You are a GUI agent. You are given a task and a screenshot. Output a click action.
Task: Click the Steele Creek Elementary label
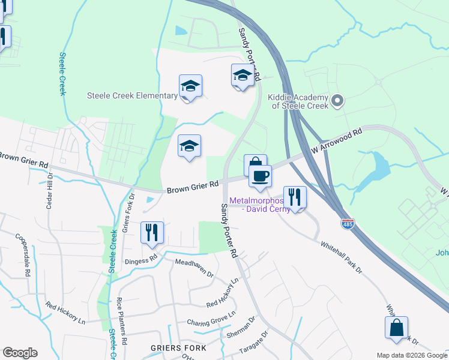(x=132, y=95)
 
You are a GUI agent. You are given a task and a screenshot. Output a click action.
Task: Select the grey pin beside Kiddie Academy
(x=337, y=101)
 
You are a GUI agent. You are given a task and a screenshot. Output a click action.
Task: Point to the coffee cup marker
(x=260, y=176)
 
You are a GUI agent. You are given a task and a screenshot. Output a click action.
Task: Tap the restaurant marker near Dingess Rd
(x=151, y=232)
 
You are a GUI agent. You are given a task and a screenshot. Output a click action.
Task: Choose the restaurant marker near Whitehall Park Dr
(x=295, y=196)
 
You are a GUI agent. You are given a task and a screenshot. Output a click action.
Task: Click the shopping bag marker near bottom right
(x=396, y=328)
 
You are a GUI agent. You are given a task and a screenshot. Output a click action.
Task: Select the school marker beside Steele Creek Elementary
(x=190, y=86)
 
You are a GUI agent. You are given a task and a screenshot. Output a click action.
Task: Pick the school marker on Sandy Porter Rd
(x=242, y=76)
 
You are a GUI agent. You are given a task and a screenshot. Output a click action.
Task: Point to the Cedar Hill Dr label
(x=50, y=191)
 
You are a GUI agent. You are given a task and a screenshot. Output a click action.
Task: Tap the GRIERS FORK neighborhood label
(x=178, y=348)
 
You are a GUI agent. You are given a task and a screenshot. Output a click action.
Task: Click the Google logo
(x=20, y=353)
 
